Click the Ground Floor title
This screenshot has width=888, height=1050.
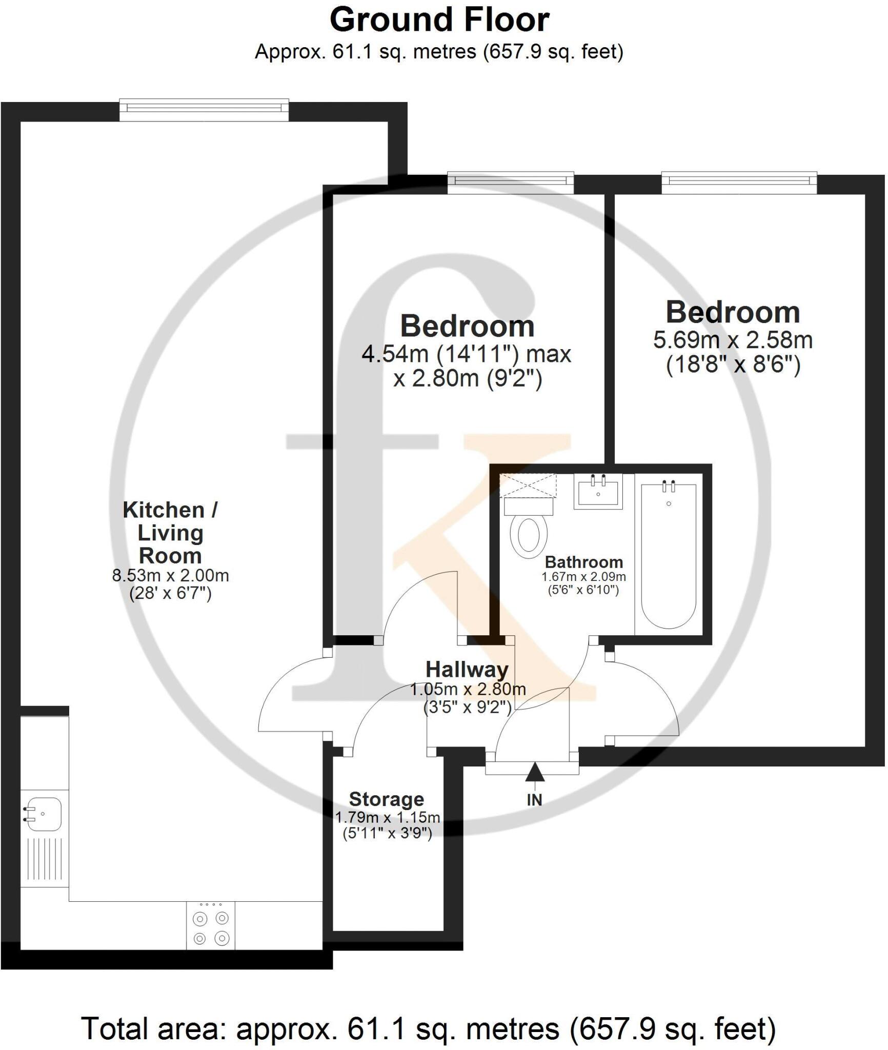(439, 21)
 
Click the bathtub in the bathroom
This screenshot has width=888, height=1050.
(669, 556)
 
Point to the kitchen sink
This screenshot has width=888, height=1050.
(44, 814)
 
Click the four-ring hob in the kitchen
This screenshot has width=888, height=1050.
(211, 928)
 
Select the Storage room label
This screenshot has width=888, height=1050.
(387, 799)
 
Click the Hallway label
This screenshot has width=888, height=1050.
(467, 670)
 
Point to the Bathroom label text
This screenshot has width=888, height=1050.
(583, 562)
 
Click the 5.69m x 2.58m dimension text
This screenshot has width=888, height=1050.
(733, 340)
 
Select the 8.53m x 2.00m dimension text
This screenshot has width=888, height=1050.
(170, 575)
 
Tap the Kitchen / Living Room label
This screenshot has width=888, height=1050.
(170, 533)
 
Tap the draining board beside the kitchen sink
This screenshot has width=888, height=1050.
(44, 862)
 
